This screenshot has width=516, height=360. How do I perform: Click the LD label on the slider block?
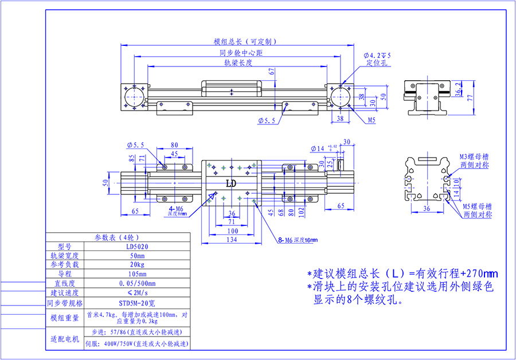[231, 184]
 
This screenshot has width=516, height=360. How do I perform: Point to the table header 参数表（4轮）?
[118, 236]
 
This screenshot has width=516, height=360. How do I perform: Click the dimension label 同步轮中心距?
[241, 53]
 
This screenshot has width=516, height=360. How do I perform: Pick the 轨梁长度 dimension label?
[239, 62]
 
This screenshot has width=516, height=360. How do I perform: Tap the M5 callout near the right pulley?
[372, 120]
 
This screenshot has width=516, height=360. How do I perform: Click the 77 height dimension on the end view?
[470, 98]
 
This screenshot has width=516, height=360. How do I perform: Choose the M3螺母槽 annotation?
[474, 156]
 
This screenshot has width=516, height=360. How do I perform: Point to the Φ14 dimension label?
[317, 149]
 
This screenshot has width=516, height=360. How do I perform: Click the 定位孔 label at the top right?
[377, 64]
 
